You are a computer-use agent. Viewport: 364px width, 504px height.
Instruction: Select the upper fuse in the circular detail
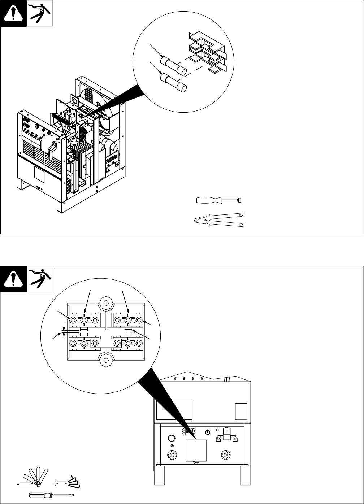pos(175,65)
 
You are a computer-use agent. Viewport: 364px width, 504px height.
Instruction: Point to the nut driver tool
pos(218,200)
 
